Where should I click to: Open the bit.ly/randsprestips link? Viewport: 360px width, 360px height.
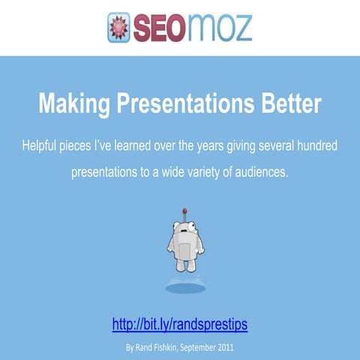click(180, 325)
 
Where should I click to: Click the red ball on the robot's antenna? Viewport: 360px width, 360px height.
click(181, 211)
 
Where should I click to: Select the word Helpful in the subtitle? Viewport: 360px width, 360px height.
click(43, 144)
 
